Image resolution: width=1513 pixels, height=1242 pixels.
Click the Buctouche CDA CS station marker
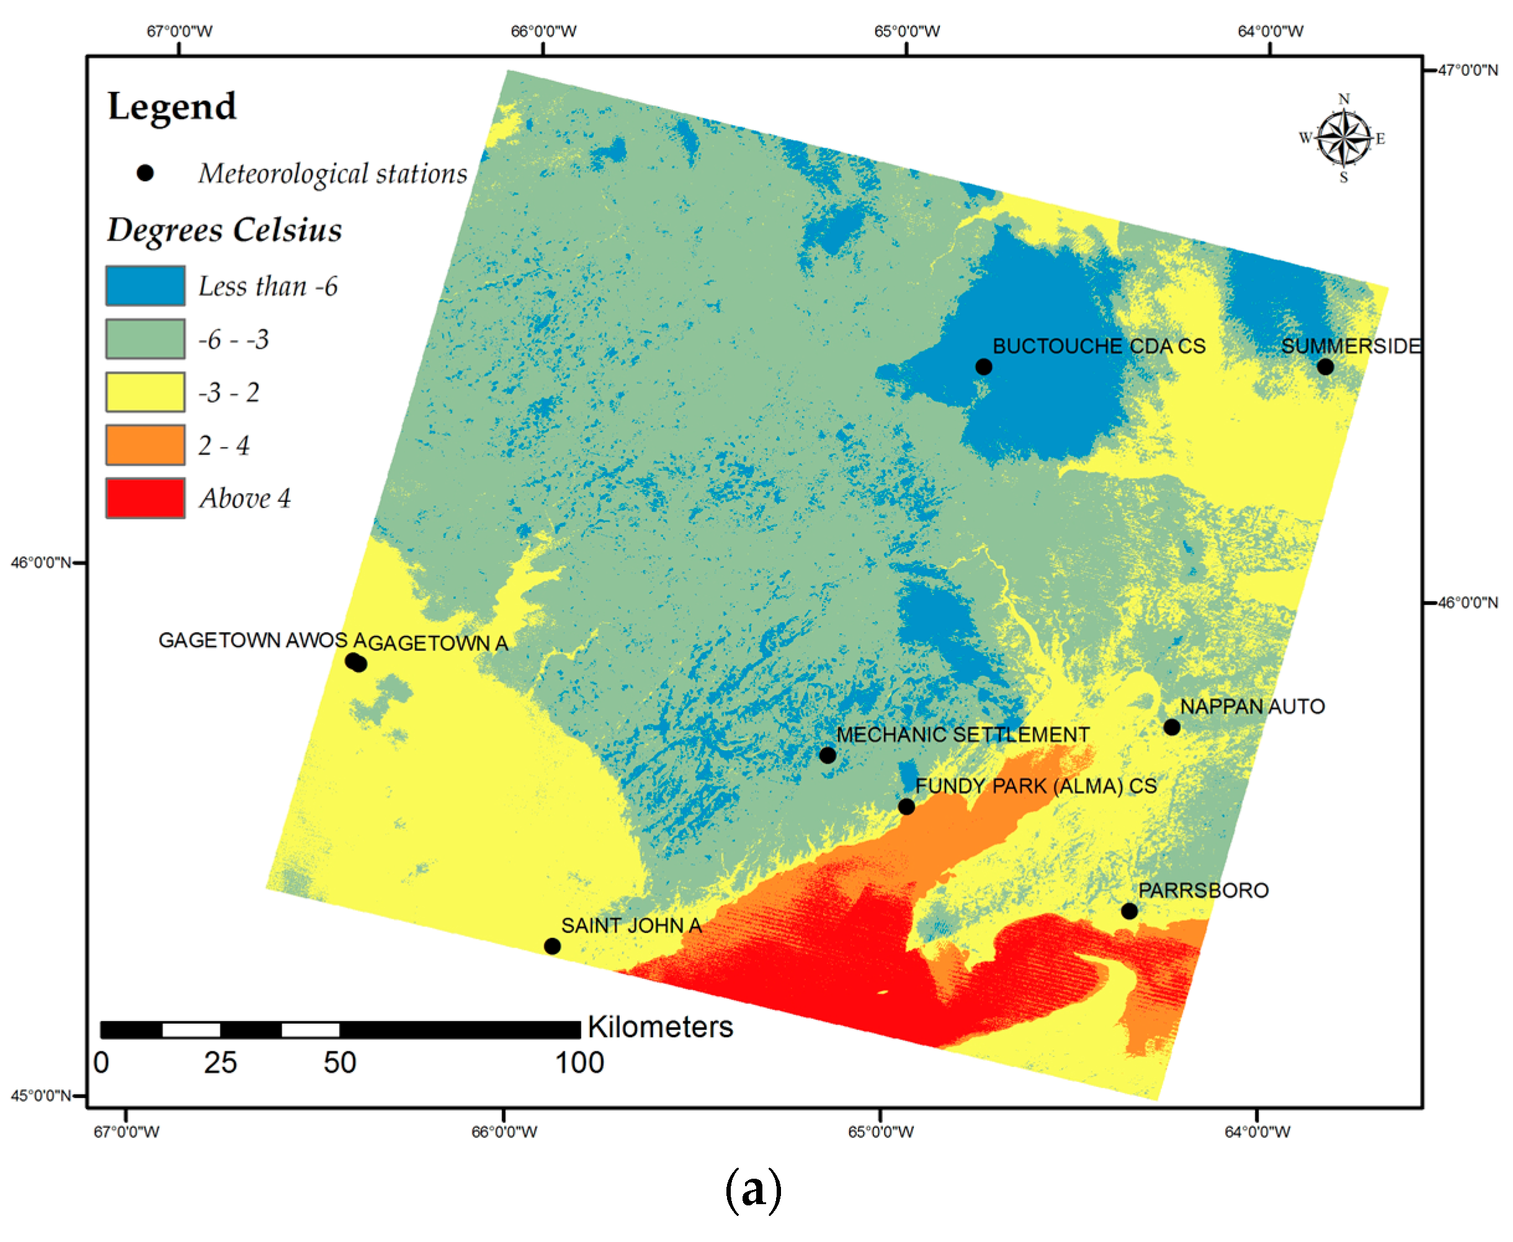(984, 367)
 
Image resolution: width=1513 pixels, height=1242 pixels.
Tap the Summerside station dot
(1325, 367)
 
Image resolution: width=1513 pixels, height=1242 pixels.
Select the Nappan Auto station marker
(1172, 728)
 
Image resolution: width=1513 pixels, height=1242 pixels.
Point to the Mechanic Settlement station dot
(828, 756)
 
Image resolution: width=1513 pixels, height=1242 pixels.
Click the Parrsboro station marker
(1130, 911)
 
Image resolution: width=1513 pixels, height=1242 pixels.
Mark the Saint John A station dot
(552, 947)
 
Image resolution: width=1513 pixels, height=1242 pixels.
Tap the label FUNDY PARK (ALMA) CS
(1036, 786)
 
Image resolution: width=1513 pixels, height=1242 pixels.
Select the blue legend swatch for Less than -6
(145, 286)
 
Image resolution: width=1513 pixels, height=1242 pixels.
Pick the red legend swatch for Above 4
(145, 498)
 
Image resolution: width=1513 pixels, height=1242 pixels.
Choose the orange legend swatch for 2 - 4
(145, 445)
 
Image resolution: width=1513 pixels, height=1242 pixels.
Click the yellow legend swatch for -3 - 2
(145, 392)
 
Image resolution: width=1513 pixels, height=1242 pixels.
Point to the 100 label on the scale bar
(579, 1063)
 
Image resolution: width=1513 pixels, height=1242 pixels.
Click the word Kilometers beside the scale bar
(660, 1027)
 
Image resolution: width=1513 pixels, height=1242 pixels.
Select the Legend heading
(172, 107)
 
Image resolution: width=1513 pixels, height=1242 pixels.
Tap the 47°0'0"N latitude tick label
(1468, 70)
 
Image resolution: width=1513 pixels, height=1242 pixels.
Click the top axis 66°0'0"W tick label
(543, 32)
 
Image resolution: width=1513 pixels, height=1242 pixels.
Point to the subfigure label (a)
(753, 1190)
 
